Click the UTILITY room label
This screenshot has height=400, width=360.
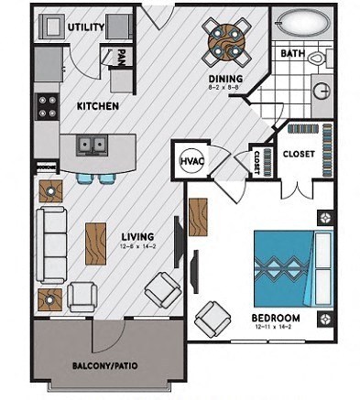click(86, 27)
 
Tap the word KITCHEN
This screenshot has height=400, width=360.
click(97, 106)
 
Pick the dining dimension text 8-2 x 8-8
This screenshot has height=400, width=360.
click(224, 90)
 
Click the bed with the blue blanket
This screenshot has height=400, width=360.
click(290, 266)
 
